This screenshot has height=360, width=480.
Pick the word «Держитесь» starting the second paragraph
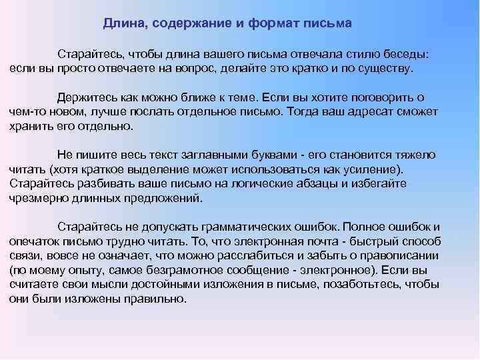coord(86,97)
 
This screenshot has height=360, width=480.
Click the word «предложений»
coord(157,198)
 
